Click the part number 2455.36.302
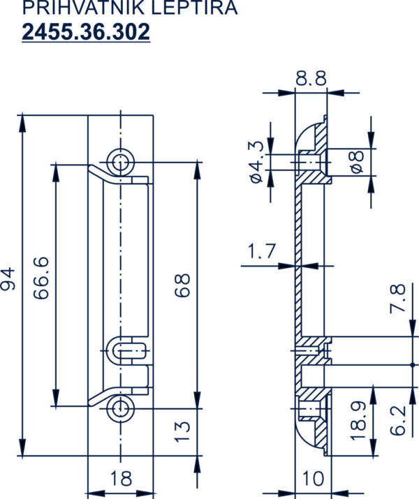[x=86, y=32]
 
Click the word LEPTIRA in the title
[x=194, y=7]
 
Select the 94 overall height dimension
[x=8, y=279]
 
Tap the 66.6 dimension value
[x=41, y=278]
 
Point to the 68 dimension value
[x=182, y=285]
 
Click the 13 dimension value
[x=182, y=432]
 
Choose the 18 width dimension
[x=121, y=478]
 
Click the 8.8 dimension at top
[x=311, y=78]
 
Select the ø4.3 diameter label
[x=256, y=162]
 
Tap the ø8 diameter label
[x=357, y=162]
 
